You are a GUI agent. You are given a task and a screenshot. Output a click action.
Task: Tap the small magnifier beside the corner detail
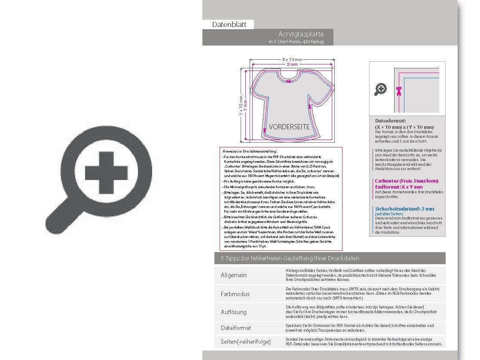point(380,89)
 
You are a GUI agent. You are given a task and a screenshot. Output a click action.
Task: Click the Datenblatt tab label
point(229,24)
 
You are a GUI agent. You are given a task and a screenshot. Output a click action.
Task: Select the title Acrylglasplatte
point(301,34)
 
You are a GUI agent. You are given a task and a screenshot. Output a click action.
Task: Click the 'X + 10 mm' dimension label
point(292,59)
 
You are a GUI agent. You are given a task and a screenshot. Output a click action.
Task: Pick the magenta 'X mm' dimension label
point(292,64)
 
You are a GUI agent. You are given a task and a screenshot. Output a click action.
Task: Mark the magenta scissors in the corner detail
point(398,90)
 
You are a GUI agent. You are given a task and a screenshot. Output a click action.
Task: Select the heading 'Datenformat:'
point(390,121)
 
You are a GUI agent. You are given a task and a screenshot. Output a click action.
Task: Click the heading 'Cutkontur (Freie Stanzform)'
point(407,181)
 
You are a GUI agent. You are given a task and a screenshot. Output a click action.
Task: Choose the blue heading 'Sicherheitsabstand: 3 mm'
point(404,209)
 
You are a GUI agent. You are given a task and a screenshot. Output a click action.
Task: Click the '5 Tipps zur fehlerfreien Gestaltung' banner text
point(290,258)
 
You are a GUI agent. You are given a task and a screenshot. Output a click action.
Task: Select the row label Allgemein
point(234,275)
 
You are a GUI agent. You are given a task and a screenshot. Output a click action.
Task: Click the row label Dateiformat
point(236,328)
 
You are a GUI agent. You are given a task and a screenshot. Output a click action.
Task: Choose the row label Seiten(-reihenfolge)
point(245,342)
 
